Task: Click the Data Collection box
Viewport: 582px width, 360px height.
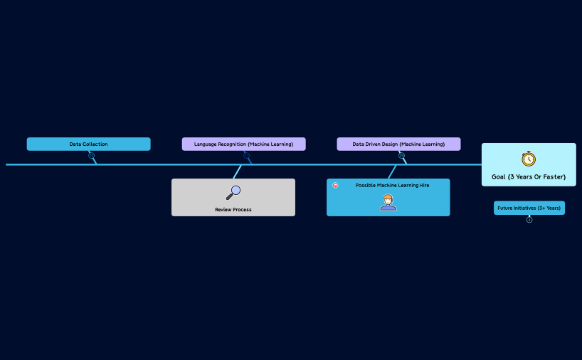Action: [x=88, y=144]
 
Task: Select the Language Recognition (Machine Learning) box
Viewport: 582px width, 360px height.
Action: [x=243, y=144]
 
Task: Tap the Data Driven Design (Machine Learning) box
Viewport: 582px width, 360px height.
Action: [x=398, y=144]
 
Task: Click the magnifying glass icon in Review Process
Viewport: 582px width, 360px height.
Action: [x=233, y=192]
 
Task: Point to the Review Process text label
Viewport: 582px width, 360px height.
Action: [x=233, y=210]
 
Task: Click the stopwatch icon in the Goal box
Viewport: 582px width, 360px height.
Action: [x=529, y=159]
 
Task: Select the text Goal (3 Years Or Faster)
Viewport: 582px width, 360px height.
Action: [x=529, y=176]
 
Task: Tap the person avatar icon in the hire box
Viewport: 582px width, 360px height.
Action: [x=388, y=203]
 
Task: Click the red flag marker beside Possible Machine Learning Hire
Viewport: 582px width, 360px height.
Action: [x=336, y=185]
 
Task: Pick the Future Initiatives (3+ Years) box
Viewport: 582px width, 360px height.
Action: [x=529, y=208]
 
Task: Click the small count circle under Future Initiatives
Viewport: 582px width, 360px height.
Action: [x=529, y=220]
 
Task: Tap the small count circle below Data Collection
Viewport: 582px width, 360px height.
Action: [x=92, y=155]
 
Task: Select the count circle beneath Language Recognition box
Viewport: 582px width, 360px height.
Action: [x=247, y=155]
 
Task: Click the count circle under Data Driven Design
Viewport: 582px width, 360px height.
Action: [x=402, y=155]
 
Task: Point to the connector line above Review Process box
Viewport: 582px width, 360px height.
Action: [x=238, y=171]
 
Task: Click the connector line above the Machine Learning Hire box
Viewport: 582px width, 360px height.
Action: [x=392, y=171]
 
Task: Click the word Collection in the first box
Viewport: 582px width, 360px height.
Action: [x=95, y=144]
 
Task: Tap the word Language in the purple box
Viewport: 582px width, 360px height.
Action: [x=207, y=144]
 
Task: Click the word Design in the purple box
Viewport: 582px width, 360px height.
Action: [x=389, y=144]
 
